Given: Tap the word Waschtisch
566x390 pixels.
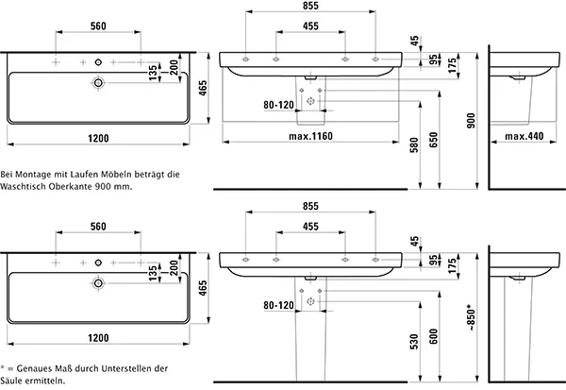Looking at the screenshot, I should [x=25, y=187].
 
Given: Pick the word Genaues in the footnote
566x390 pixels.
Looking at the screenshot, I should [x=33, y=368].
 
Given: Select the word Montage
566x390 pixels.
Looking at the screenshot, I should [x=38, y=175].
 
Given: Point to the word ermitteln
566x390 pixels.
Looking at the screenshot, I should [x=48, y=381].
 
